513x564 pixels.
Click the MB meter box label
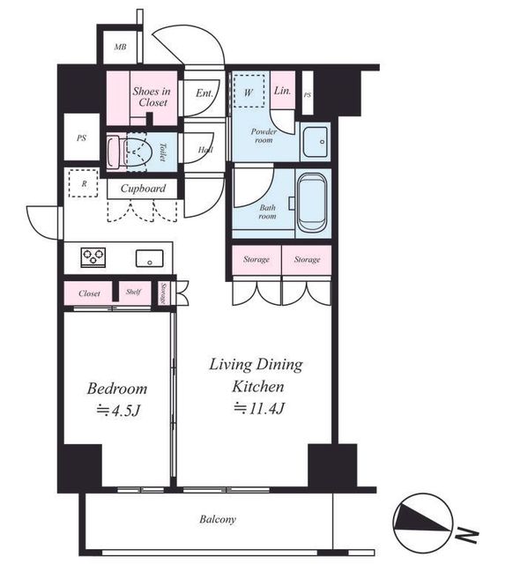(x=120, y=47)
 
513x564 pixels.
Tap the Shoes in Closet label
(x=152, y=96)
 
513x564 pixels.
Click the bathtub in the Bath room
(x=313, y=203)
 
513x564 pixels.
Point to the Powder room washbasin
(x=315, y=142)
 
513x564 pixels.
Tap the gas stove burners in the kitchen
(x=93, y=257)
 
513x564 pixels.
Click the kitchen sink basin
(x=149, y=258)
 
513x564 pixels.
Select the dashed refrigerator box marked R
(x=84, y=183)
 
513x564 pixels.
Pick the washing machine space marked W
(x=249, y=91)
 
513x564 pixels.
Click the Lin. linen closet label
(x=282, y=91)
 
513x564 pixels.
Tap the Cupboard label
(x=143, y=189)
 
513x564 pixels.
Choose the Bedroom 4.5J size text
(x=118, y=411)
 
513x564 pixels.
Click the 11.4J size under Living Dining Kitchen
(x=259, y=408)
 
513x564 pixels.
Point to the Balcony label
(x=218, y=519)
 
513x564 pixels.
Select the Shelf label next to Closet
(x=133, y=292)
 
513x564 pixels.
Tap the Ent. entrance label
(x=204, y=93)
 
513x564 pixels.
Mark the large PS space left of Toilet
(x=82, y=137)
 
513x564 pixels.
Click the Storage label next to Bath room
(x=256, y=259)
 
